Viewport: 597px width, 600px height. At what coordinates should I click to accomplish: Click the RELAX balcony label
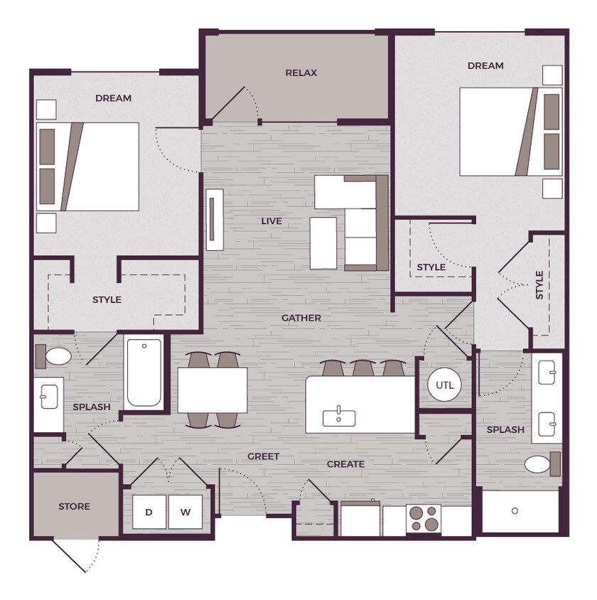click(301, 73)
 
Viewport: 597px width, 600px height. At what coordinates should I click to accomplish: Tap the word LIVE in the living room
click(271, 221)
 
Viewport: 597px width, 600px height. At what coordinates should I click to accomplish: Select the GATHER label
click(301, 318)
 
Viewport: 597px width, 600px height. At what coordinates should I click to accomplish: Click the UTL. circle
click(444, 385)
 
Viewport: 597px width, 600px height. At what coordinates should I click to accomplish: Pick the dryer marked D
click(149, 512)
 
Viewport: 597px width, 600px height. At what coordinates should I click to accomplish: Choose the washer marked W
click(185, 512)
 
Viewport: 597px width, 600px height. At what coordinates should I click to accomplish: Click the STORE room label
click(74, 506)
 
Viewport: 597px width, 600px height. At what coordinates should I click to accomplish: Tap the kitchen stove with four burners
click(424, 518)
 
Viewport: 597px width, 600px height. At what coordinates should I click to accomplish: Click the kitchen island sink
click(339, 417)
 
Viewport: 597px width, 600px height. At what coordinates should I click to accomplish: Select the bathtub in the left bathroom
click(144, 373)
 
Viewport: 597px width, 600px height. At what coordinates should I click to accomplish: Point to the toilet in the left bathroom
click(54, 356)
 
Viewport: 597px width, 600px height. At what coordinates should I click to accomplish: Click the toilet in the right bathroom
click(542, 464)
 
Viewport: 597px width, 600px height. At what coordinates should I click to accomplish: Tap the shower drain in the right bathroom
click(515, 511)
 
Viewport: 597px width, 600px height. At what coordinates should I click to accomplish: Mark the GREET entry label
click(263, 456)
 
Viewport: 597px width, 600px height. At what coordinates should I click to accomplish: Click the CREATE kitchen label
click(345, 464)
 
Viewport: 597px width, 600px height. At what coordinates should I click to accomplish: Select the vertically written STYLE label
click(539, 285)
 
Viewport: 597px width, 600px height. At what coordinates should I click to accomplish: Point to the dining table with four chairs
click(213, 390)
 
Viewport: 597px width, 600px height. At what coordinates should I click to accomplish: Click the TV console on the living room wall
click(215, 220)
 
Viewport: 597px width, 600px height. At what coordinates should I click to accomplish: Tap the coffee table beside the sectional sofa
click(323, 243)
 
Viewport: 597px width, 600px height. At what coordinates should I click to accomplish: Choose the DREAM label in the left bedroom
click(113, 98)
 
